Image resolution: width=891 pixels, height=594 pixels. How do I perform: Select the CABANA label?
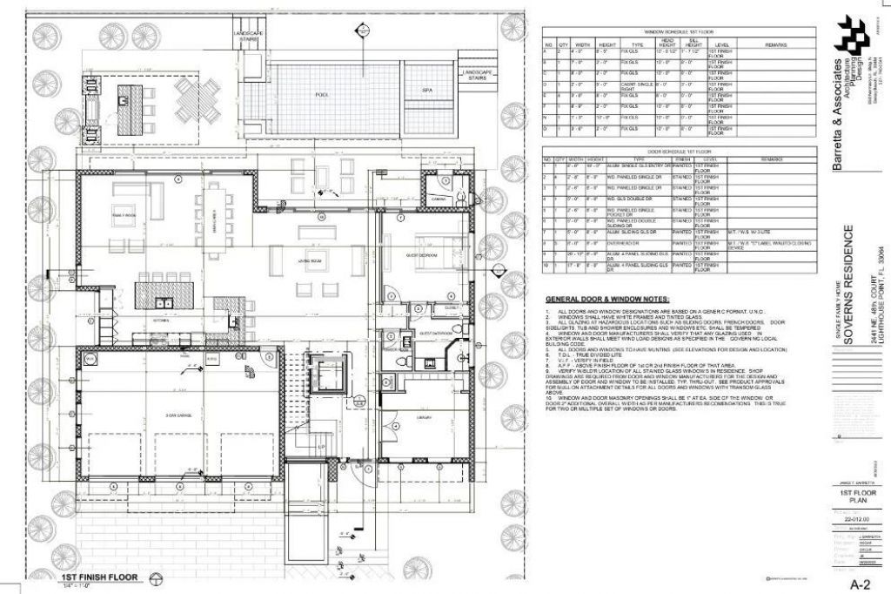pos(438,199)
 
